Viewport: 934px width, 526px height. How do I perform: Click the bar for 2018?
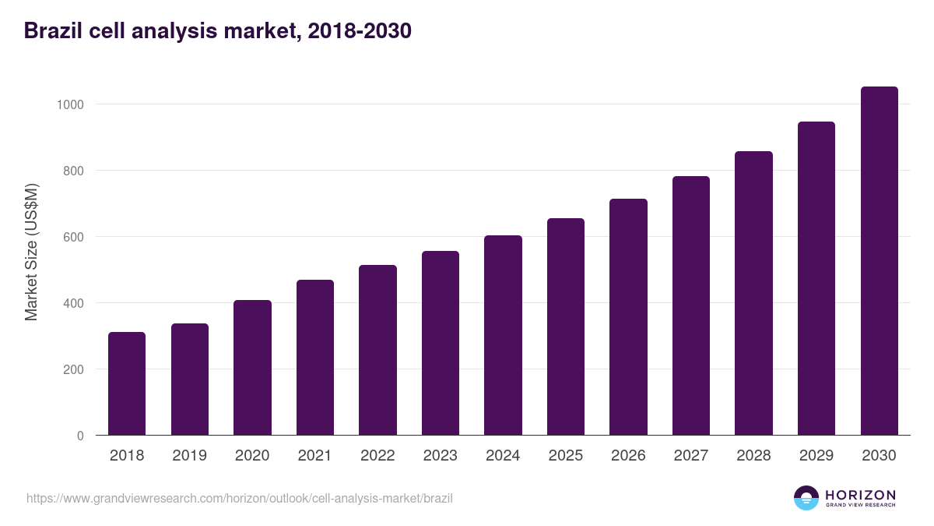pos(127,383)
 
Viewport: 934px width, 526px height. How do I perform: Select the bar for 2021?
pos(315,358)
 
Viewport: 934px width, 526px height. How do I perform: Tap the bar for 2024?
pos(503,335)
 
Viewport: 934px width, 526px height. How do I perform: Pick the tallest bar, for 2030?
pos(879,261)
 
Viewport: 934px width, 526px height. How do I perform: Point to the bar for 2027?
pos(691,305)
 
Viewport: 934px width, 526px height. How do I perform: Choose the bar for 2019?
pos(190,379)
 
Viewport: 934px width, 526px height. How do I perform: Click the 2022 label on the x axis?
pos(377,456)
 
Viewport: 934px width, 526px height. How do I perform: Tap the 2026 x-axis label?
pos(628,456)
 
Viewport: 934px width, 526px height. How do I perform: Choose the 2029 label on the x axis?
pos(816,456)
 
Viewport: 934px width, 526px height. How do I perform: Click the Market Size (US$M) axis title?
pos(31,252)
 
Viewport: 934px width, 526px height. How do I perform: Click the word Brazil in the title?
pos(51,31)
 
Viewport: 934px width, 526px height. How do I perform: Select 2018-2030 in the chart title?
pos(360,31)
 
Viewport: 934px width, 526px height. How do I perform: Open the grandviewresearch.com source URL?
pos(239,498)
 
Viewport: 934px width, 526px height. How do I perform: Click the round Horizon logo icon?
pos(806,498)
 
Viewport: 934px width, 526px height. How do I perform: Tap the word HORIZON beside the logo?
pos(860,495)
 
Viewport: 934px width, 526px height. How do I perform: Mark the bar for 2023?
pos(441,343)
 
